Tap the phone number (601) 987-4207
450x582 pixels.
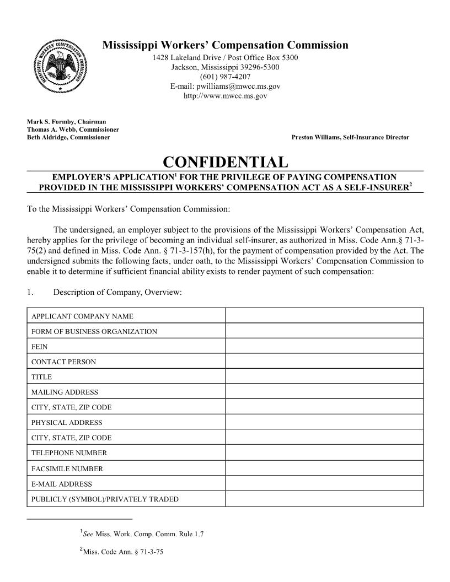(x=225, y=77)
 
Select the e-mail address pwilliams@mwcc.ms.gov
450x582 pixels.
(x=225, y=87)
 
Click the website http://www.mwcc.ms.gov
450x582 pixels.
(x=225, y=96)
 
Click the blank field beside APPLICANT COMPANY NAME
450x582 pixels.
(x=324, y=316)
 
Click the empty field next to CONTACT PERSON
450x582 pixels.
(x=324, y=362)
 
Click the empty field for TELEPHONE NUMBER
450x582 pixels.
(x=324, y=453)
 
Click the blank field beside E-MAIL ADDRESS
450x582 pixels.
(x=324, y=484)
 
